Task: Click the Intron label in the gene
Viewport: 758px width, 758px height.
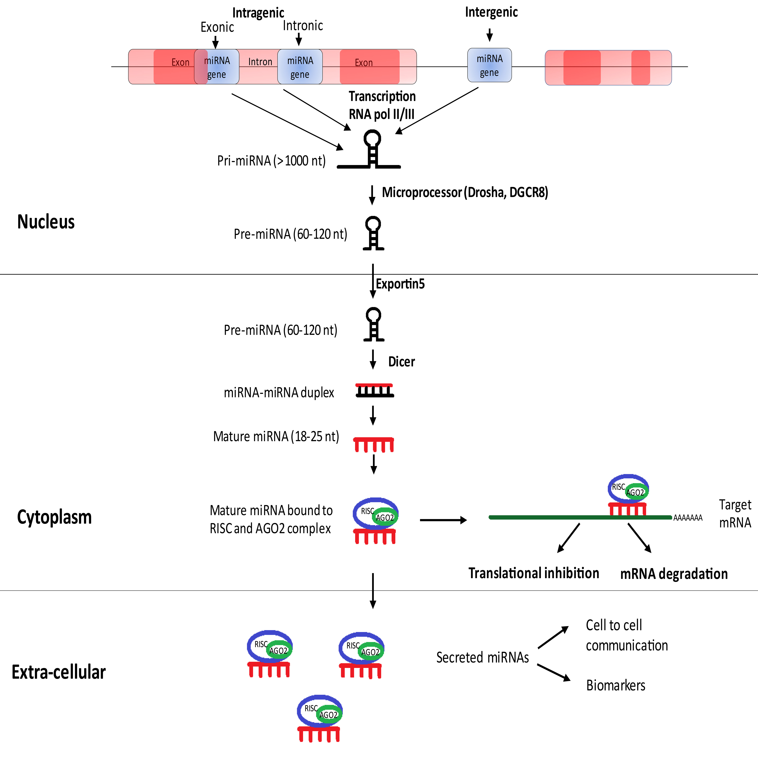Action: (260, 62)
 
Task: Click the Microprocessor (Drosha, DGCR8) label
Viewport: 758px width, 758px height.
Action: (465, 192)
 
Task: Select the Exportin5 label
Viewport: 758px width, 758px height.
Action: (400, 284)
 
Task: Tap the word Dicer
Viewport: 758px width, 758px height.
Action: (401, 361)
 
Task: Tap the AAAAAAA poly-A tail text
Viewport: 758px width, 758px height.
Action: (688, 518)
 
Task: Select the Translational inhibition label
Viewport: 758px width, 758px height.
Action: (534, 573)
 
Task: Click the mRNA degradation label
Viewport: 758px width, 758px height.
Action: (674, 574)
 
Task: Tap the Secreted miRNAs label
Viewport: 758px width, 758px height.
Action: (483, 658)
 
